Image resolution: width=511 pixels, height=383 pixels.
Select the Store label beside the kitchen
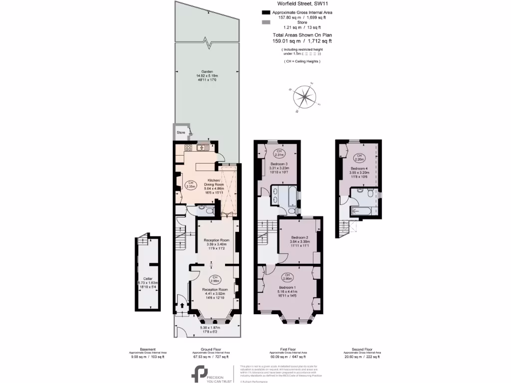pos(181,133)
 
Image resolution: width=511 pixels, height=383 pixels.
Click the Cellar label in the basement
pos(147,278)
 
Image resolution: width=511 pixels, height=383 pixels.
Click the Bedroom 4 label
pos(359,169)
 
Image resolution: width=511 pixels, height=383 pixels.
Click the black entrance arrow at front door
pos(182,306)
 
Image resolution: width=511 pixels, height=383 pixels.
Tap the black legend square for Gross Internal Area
pos(263,12)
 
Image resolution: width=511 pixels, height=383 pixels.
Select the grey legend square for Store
pos(263,23)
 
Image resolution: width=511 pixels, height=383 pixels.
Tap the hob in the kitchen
pos(189,147)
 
